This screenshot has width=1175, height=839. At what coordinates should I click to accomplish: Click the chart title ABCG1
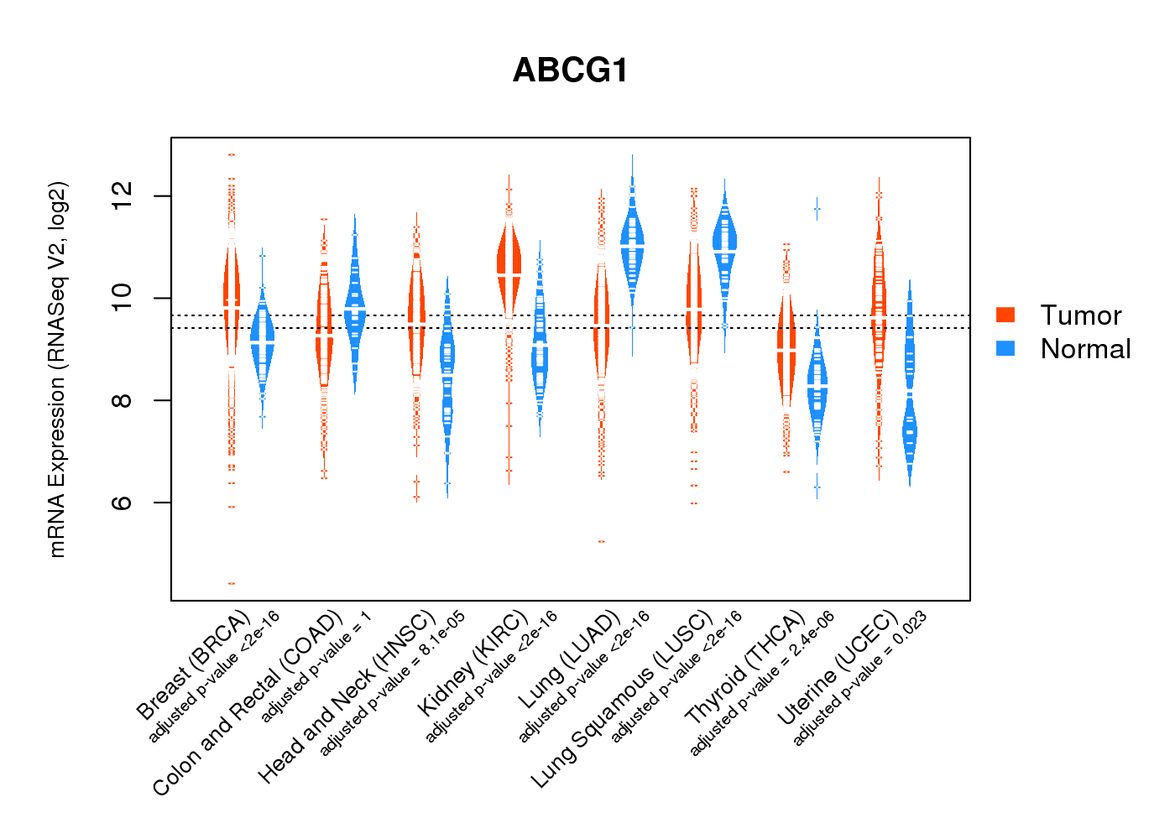pos(571,70)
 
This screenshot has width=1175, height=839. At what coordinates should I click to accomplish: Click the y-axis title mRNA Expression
pos(57,369)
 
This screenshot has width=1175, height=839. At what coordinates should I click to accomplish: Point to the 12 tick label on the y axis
pos(123,196)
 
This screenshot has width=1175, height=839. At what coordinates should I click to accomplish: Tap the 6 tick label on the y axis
pos(123,503)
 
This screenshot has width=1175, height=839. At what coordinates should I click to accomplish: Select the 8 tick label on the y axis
pos(123,400)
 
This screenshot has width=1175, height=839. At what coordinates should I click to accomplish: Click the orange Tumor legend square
pos(1005,315)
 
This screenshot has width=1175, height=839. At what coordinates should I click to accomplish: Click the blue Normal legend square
pos(1005,348)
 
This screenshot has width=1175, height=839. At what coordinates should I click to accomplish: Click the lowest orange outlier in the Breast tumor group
pos(231,583)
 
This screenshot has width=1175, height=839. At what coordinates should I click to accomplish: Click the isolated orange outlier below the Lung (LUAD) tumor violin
pos(601,541)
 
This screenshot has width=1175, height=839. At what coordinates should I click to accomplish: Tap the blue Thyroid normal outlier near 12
pos(817,209)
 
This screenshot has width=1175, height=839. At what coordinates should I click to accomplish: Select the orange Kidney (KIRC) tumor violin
pos(509,260)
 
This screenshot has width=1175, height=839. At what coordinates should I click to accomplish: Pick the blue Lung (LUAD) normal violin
pos(632,243)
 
